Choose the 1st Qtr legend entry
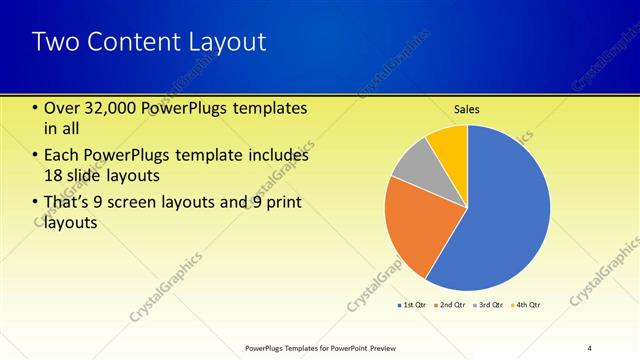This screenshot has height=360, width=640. (412, 304)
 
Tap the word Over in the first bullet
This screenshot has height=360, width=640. (63, 108)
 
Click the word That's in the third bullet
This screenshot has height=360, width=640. (70, 204)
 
